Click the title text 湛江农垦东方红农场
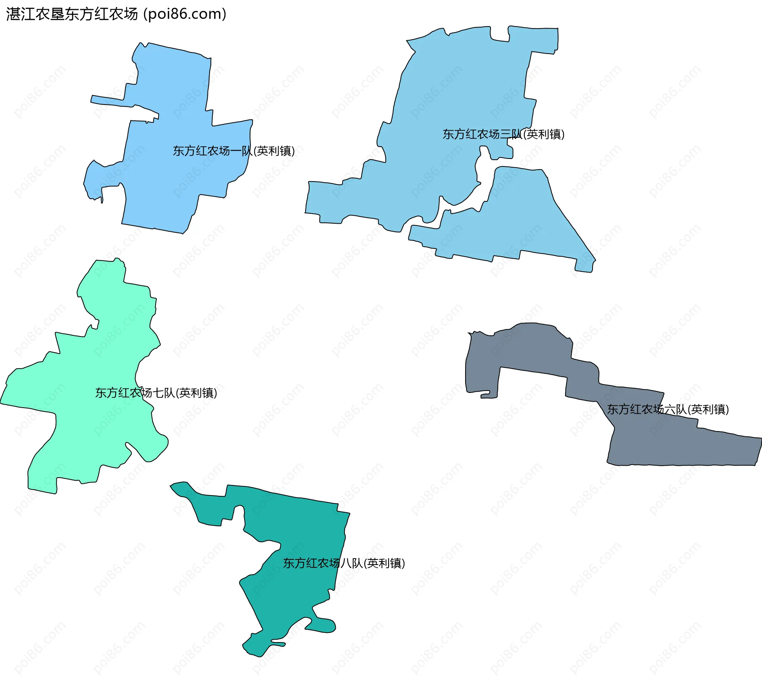(71, 14)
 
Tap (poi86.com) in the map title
(185, 14)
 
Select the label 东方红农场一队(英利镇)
(233, 151)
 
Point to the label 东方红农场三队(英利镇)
(503, 134)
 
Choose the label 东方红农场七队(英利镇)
(156, 393)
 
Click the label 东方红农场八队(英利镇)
(344, 563)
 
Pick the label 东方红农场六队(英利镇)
(668, 409)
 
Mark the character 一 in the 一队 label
(236, 151)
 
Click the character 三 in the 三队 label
(506, 135)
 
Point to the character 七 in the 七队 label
(158, 393)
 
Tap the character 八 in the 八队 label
(346, 563)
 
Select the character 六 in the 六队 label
(670, 410)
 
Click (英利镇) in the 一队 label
(274, 151)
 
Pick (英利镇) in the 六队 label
(708, 409)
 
